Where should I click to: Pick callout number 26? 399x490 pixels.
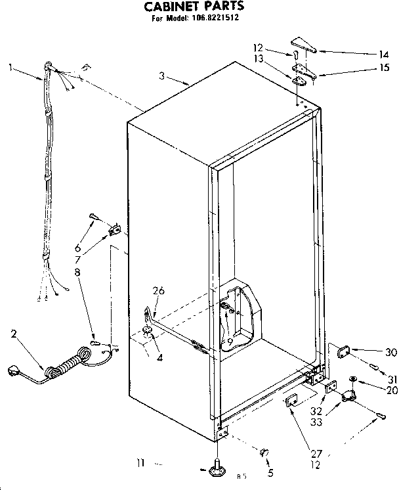point(159,292)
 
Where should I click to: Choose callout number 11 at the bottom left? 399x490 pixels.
point(140,464)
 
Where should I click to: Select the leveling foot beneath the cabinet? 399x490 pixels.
point(217,468)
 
